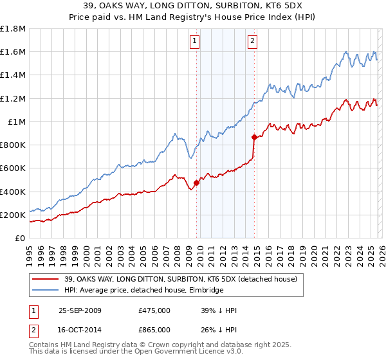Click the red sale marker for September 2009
click(196, 183)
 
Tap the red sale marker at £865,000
click(254, 137)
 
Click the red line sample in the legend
click(45, 279)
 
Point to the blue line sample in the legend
click(45, 291)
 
